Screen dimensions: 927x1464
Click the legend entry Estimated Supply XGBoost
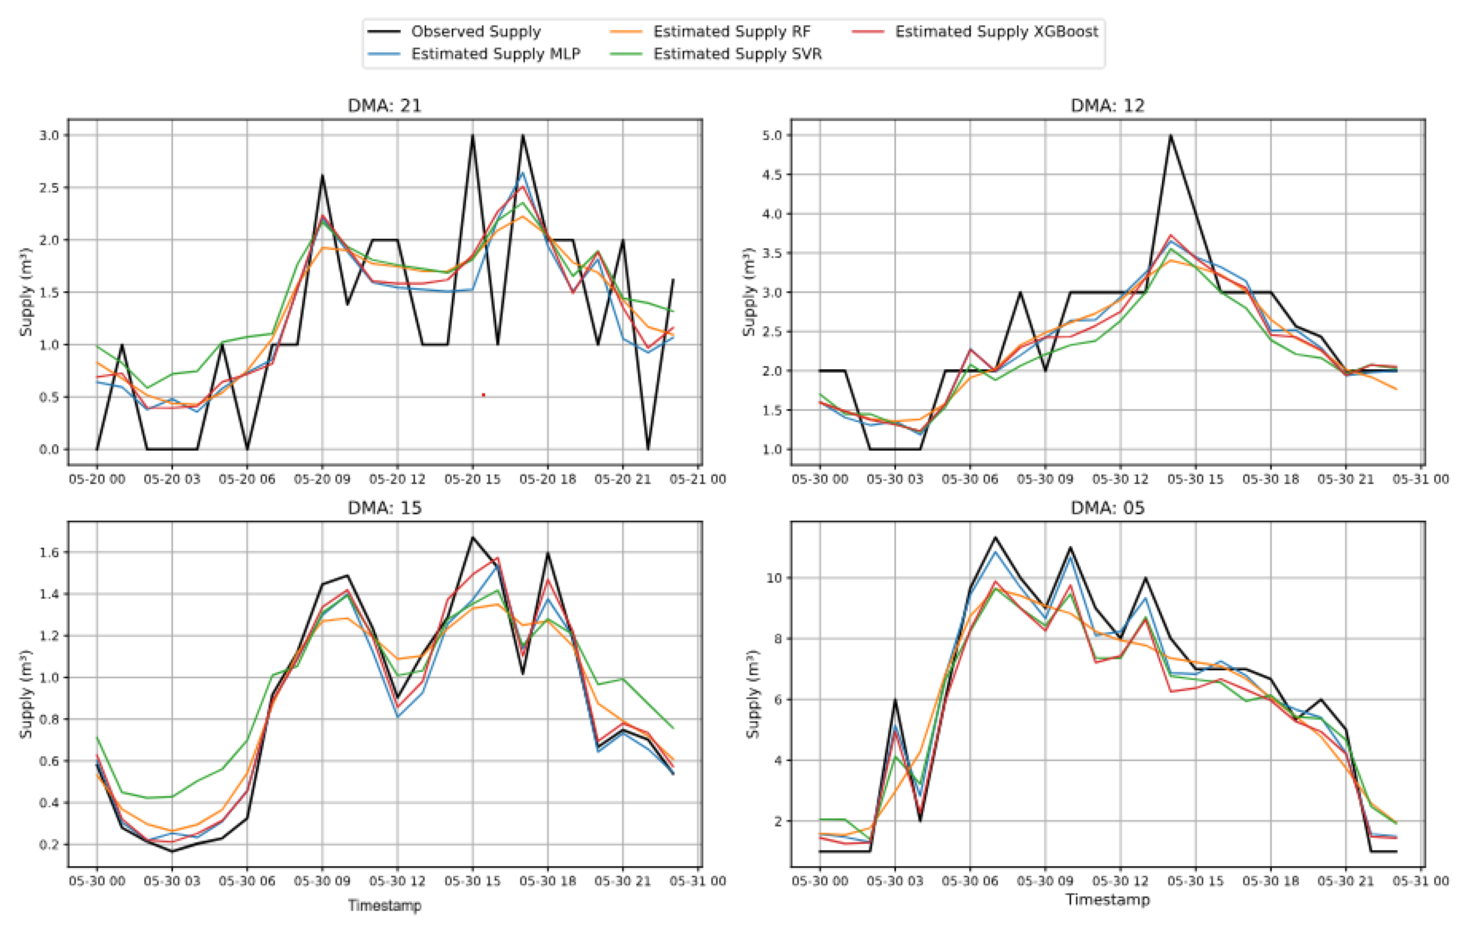click(x=996, y=31)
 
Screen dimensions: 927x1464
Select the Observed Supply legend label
click(x=475, y=31)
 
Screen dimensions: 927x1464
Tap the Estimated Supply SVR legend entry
click(x=737, y=54)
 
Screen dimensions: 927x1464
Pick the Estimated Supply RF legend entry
click(x=731, y=31)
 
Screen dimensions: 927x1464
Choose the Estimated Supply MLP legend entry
click(x=496, y=54)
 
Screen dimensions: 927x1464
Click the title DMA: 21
click(x=384, y=105)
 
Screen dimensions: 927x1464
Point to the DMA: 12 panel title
click(x=1107, y=105)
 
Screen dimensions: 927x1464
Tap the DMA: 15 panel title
click(x=384, y=507)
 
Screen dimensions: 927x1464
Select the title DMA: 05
click(x=1107, y=507)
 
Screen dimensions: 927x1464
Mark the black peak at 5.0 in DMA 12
click(x=1170, y=136)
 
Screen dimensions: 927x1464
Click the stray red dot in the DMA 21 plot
click(x=483, y=395)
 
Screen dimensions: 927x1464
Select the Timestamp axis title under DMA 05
click(x=1107, y=899)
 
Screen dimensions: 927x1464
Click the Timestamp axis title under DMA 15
click(x=384, y=905)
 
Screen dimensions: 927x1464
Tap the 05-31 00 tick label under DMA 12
click(x=1420, y=479)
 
